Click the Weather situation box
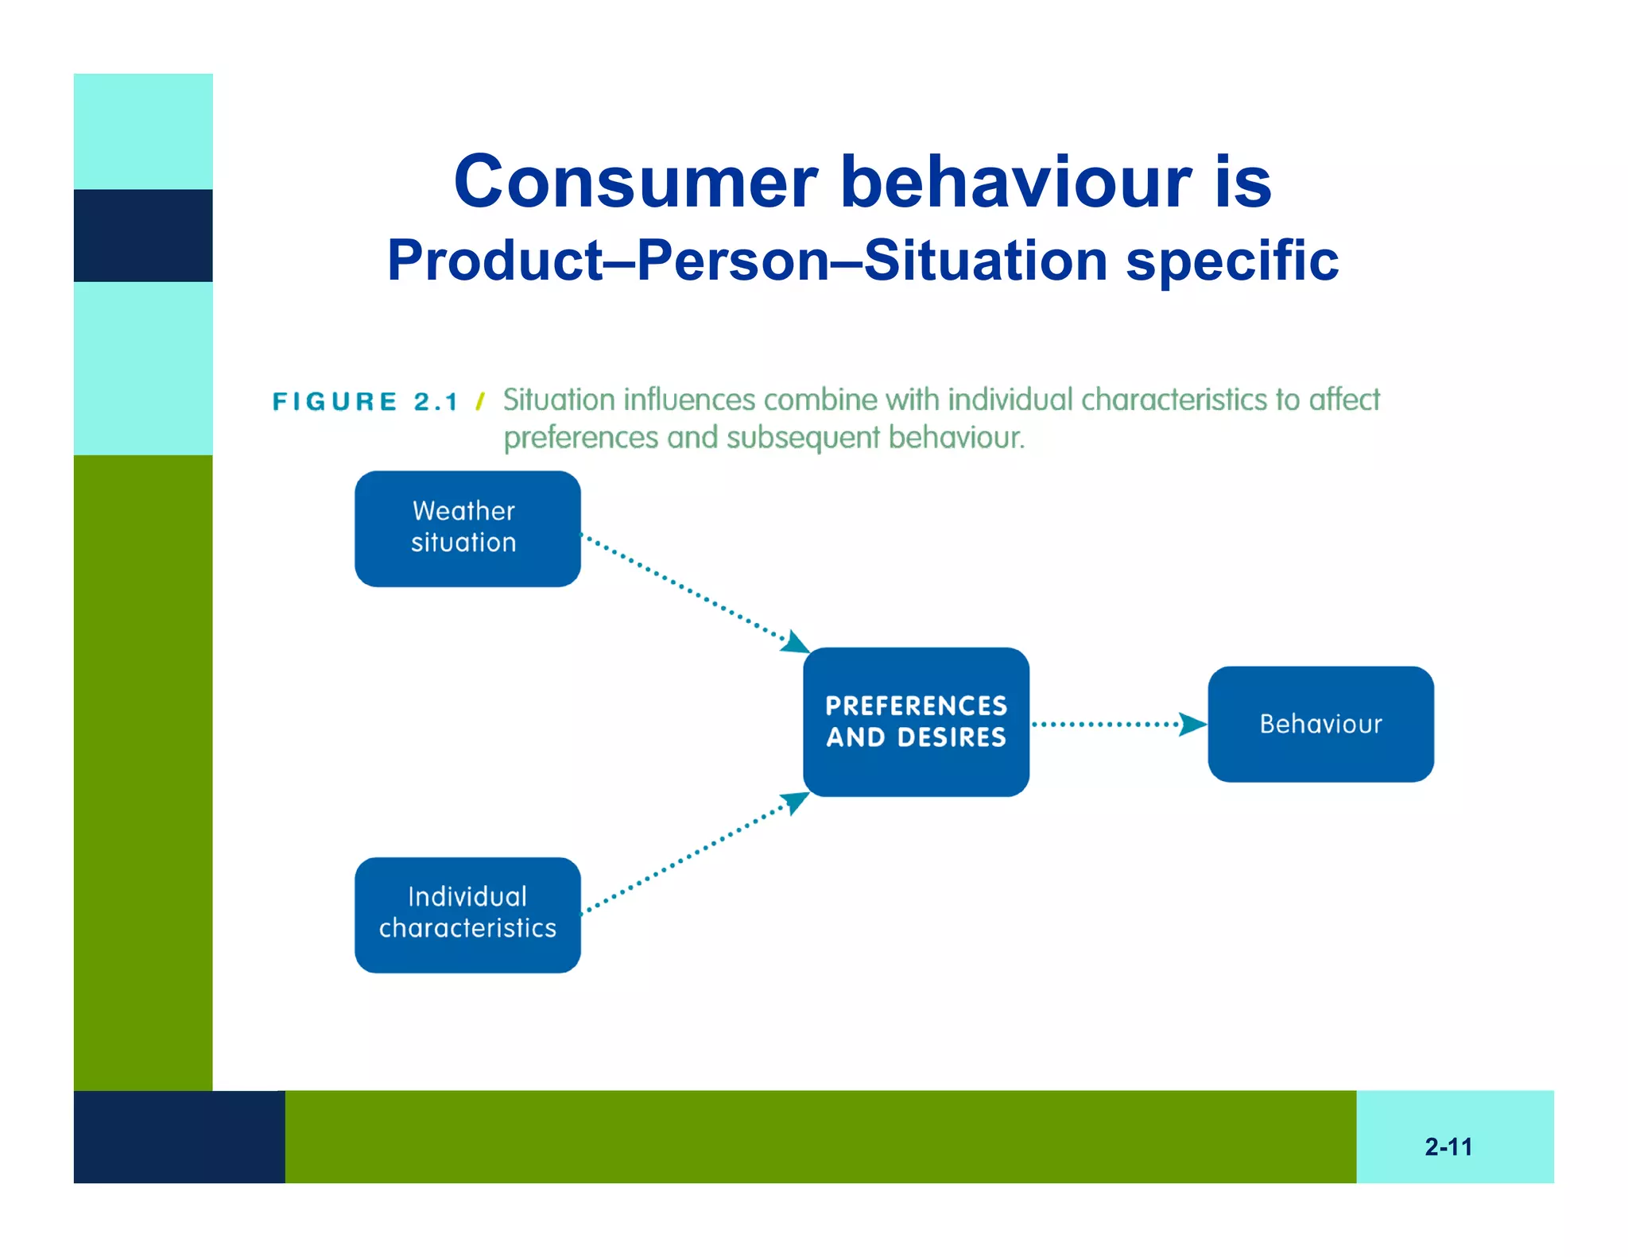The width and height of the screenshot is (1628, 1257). [x=467, y=528]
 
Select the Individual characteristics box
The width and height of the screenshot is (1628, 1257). [x=467, y=915]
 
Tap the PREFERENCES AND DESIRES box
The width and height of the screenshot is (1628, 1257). [x=916, y=721]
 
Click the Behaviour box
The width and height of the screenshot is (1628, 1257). [x=1320, y=724]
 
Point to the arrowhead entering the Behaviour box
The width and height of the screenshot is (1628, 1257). [x=1192, y=724]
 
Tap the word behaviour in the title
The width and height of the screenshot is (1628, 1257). [x=1016, y=182]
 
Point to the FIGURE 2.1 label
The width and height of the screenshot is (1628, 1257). [x=366, y=401]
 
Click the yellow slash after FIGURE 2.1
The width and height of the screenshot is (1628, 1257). [x=480, y=401]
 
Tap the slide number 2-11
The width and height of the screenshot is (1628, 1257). [x=1448, y=1147]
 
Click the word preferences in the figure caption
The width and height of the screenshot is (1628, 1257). [x=581, y=438]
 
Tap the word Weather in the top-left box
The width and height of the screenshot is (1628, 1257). [x=463, y=511]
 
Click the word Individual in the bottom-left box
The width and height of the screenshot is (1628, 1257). [x=467, y=897]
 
